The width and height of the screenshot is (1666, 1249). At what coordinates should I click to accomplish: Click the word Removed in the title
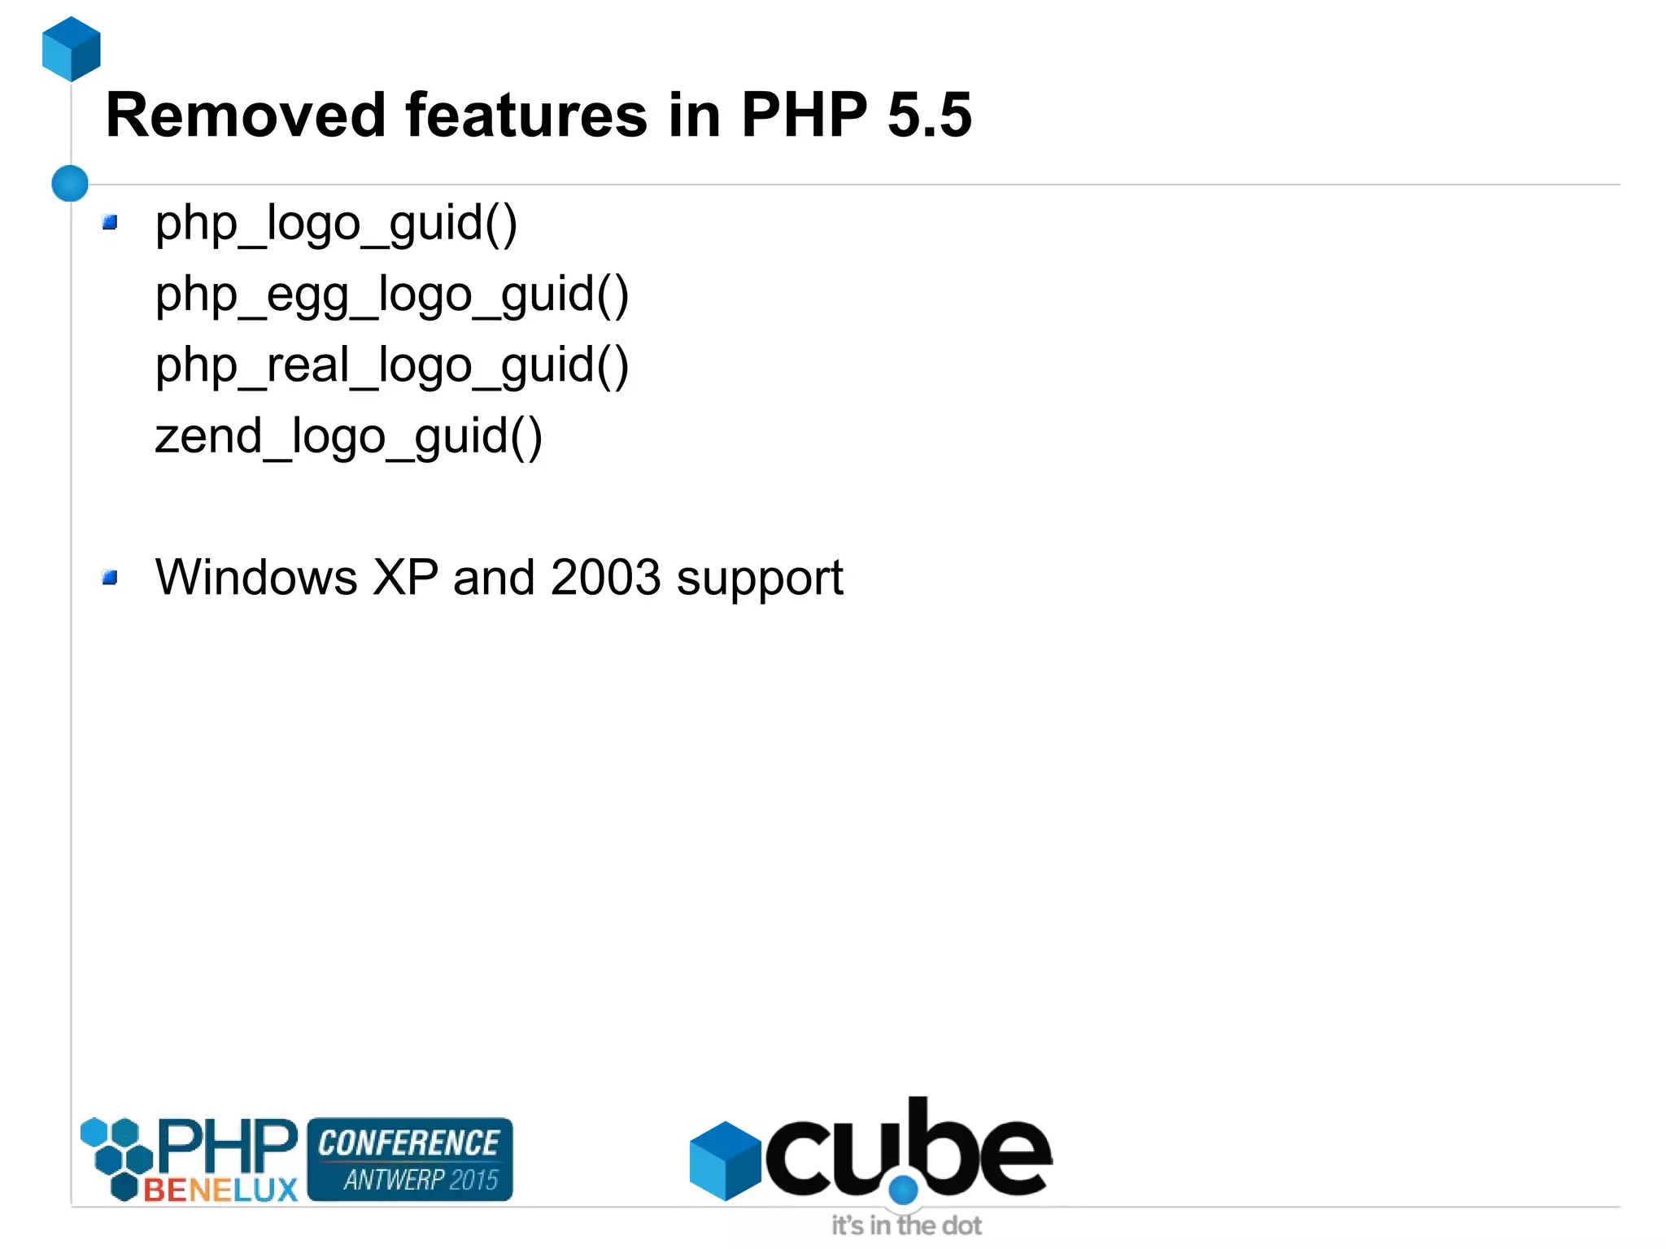click(x=245, y=116)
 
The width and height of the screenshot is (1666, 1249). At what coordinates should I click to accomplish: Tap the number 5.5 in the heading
click(x=929, y=116)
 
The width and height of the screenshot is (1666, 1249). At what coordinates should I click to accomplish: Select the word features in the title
click(x=526, y=116)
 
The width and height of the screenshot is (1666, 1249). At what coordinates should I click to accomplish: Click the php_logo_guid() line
click(x=336, y=223)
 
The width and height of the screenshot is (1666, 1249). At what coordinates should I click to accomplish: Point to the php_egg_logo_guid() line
click(x=392, y=294)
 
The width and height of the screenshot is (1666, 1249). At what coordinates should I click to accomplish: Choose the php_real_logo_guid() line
click(x=392, y=365)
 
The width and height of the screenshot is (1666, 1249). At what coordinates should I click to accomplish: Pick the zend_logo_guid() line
click(x=348, y=436)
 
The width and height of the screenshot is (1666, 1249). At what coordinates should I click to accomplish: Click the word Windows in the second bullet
click(x=256, y=578)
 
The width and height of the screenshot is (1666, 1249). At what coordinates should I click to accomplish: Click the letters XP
click(x=404, y=578)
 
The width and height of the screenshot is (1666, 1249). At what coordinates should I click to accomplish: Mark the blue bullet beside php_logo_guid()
click(x=110, y=222)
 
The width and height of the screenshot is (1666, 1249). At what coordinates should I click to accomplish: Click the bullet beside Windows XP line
click(x=110, y=578)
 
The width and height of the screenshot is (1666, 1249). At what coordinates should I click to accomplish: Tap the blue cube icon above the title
click(x=72, y=49)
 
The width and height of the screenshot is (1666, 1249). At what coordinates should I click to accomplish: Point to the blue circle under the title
click(x=70, y=183)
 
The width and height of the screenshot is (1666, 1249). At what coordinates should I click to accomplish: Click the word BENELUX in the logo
click(x=220, y=1190)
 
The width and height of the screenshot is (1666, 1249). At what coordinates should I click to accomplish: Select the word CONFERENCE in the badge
click(x=408, y=1143)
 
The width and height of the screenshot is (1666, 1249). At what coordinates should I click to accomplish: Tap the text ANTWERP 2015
click(x=420, y=1180)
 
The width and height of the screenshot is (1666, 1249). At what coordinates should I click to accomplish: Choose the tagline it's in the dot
click(x=906, y=1225)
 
